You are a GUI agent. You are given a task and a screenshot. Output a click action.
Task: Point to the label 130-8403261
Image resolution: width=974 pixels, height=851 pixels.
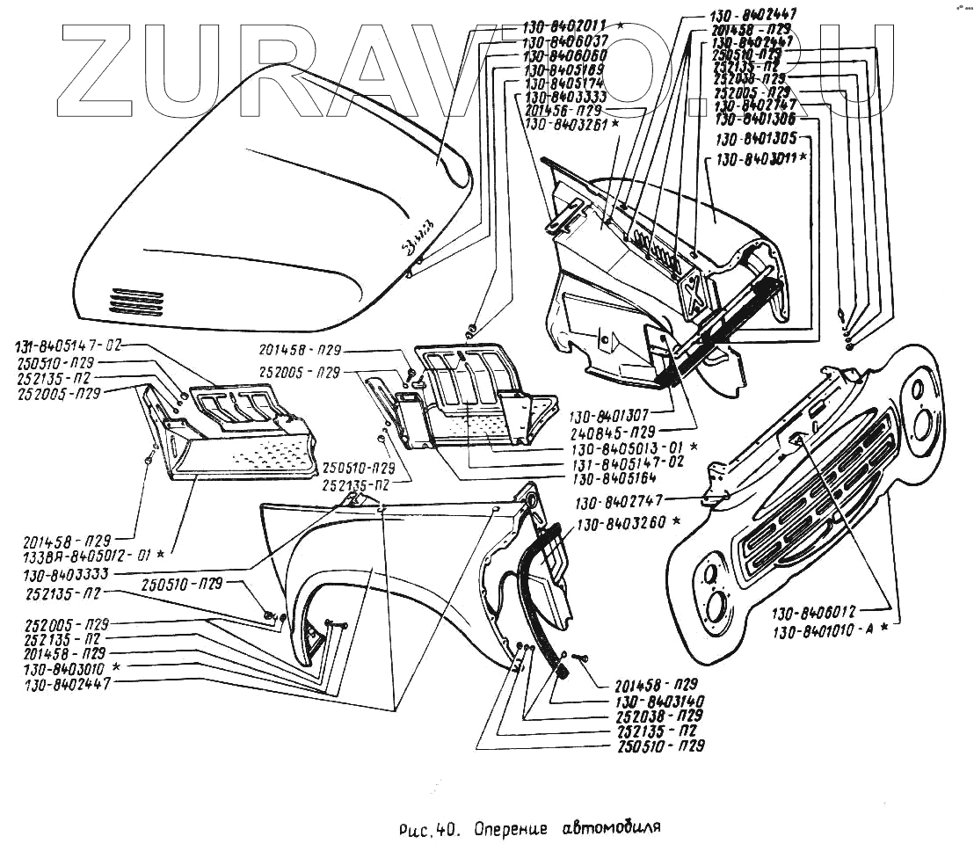562,125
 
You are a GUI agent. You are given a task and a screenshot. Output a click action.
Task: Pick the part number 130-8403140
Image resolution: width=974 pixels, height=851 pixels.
651,701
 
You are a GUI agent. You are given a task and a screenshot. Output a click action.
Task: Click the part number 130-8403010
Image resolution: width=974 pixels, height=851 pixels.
67,668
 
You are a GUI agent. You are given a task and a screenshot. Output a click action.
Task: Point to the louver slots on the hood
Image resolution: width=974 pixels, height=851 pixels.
136,302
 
